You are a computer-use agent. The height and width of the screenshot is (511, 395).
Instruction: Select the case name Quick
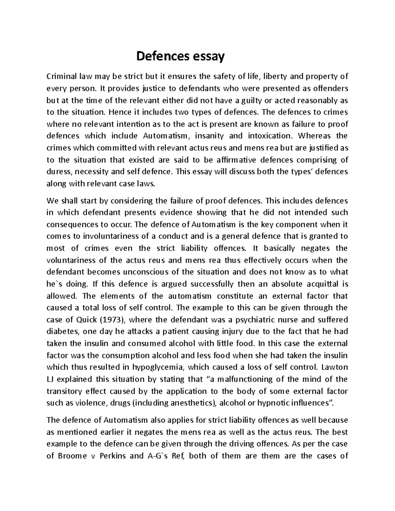(87, 320)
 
